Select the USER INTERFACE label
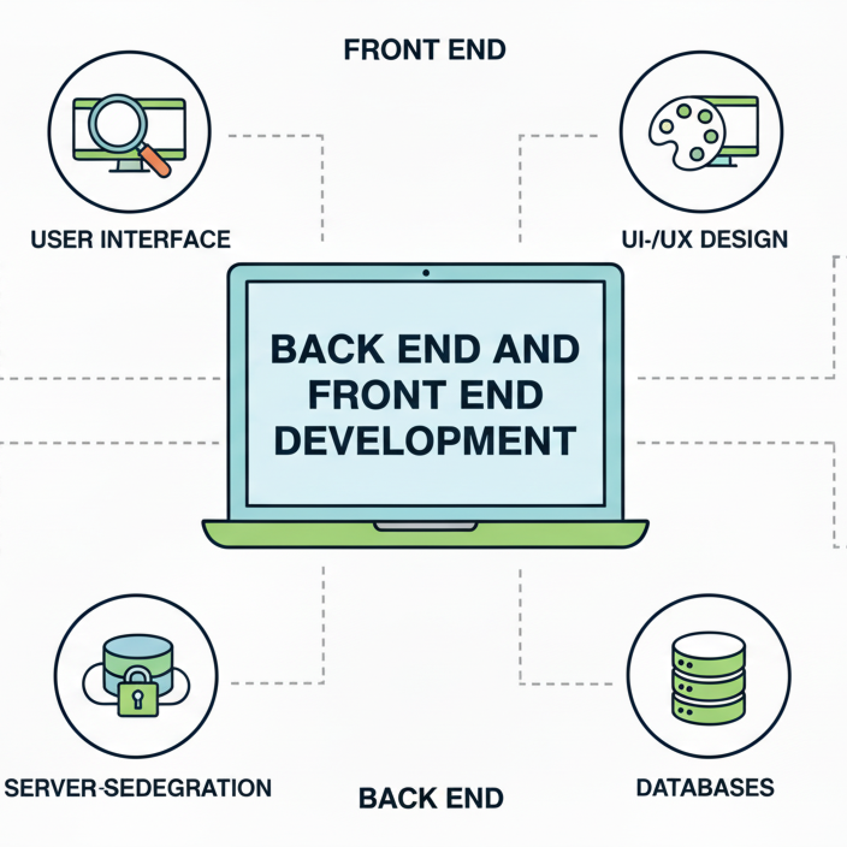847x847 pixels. click(x=131, y=239)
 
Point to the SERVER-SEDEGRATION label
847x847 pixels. click(x=138, y=788)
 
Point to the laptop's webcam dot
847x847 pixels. click(x=426, y=273)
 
